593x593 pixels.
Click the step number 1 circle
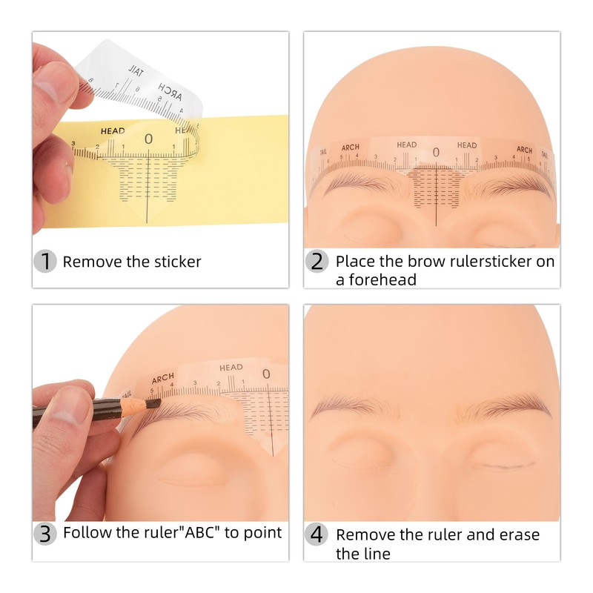click(x=46, y=261)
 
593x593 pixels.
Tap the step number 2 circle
click(x=317, y=261)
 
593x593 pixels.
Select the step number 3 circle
click(x=46, y=533)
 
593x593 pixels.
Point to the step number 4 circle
click(x=317, y=534)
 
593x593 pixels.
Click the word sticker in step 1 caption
click(x=176, y=261)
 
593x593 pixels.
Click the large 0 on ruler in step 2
click(x=436, y=153)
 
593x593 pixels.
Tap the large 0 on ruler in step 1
click(x=148, y=139)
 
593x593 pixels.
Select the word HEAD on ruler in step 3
click(x=231, y=367)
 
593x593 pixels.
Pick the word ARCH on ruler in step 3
click(x=163, y=377)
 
